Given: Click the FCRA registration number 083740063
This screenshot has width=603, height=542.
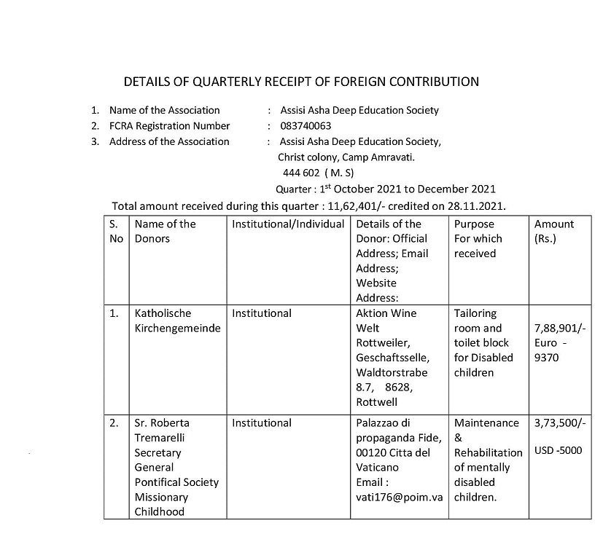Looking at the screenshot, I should (x=306, y=126).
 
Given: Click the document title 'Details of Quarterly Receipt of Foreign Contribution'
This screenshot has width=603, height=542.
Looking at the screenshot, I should (x=301, y=81).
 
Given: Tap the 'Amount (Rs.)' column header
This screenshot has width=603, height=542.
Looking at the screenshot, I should (x=554, y=231).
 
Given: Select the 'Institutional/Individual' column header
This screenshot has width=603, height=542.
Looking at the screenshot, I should (x=288, y=224).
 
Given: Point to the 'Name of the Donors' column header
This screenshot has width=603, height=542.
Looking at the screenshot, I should (x=165, y=231).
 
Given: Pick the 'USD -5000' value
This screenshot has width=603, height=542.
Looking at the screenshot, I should (x=558, y=450).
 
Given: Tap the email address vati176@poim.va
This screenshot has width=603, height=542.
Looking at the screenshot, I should (x=400, y=497).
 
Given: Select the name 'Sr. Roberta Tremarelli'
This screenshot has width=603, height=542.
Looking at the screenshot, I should (x=162, y=430).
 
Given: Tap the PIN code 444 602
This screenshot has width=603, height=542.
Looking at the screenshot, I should (x=302, y=173).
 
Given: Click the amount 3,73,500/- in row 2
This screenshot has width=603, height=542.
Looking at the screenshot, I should (x=559, y=423).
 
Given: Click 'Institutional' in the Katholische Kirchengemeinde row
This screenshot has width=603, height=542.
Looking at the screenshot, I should (x=261, y=313).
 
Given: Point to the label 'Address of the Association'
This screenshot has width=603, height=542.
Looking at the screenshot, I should (x=169, y=141).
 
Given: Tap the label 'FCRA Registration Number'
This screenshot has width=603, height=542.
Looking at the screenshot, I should (x=170, y=126).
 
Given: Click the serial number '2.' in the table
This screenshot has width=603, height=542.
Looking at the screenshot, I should (x=114, y=423).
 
